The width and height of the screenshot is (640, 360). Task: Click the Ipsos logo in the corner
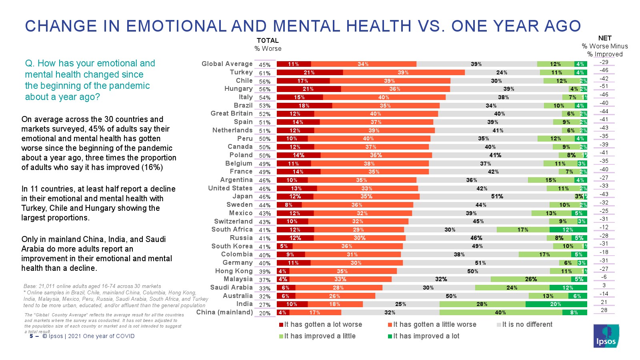pyautogui.click(x=606, y=336)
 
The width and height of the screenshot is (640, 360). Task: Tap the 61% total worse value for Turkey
pyautogui.click(x=264, y=73)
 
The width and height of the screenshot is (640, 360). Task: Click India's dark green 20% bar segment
pyautogui.click(x=556, y=304)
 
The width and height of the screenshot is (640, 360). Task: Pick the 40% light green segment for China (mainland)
pyautogui.click(x=500, y=312)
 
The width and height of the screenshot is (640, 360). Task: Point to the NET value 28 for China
pyautogui.click(x=604, y=310)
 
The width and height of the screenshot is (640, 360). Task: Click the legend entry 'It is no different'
pyautogui.click(x=527, y=324)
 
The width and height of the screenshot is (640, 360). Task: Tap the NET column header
pyautogui.click(x=605, y=38)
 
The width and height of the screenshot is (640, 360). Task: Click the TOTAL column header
pyautogui.click(x=268, y=41)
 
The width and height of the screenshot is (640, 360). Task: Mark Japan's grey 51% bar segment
pyautogui.click(x=497, y=196)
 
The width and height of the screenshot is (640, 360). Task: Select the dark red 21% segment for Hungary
pyautogui.click(x=308, y=89)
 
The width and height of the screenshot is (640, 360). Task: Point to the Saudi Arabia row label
pyautogui.click(x=231, y=288)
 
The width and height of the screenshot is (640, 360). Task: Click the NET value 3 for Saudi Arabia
pyautogui.click(x=604, y=286)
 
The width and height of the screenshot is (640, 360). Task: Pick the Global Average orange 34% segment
pyautogui.click(x=363, y=64)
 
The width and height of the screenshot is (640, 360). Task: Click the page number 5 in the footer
pyautogui.click(x=31, y=336)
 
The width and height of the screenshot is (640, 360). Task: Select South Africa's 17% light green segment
pyautogui.click(x=523, y=230)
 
